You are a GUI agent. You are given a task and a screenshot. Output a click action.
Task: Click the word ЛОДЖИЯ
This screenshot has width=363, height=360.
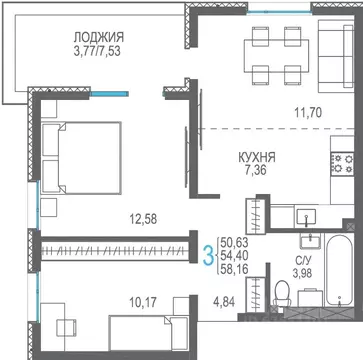point(99,37)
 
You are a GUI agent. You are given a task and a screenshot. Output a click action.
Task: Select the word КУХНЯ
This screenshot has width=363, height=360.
point(257,157)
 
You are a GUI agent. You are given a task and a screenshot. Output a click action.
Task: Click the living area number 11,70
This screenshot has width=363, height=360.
point(308,113)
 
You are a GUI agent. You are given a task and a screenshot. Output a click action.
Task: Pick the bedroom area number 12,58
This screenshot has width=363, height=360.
point(143,219)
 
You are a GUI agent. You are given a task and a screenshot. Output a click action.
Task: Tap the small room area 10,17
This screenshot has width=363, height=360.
point(143,303)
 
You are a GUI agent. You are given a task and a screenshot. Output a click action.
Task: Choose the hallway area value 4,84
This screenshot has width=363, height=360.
point(224,302)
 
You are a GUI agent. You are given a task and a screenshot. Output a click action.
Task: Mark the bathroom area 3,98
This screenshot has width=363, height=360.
point(302,273)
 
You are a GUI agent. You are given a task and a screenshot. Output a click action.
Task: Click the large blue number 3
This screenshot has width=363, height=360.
point(209,255)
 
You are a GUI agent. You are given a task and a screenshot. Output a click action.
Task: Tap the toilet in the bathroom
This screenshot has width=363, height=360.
point(282,294)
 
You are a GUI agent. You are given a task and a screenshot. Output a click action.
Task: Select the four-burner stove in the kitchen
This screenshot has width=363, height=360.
point(342,163)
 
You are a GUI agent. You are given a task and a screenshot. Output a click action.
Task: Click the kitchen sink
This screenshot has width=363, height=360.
point(306,217)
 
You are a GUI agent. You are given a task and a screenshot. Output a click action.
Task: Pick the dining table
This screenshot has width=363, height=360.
point(276,56)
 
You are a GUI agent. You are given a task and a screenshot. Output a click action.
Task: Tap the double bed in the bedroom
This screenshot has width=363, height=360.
point(81,158)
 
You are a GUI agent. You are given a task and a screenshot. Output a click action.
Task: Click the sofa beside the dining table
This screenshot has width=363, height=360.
point(336,56)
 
